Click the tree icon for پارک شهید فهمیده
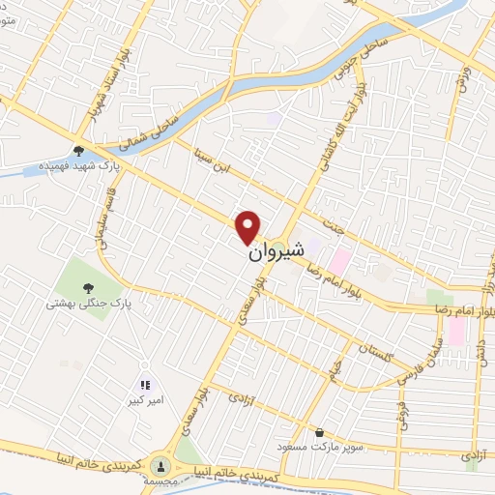pos(78,150)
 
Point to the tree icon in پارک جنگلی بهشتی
pos(88,287)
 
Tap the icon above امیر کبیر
pos(147,385)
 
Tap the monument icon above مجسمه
pos(160,465)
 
